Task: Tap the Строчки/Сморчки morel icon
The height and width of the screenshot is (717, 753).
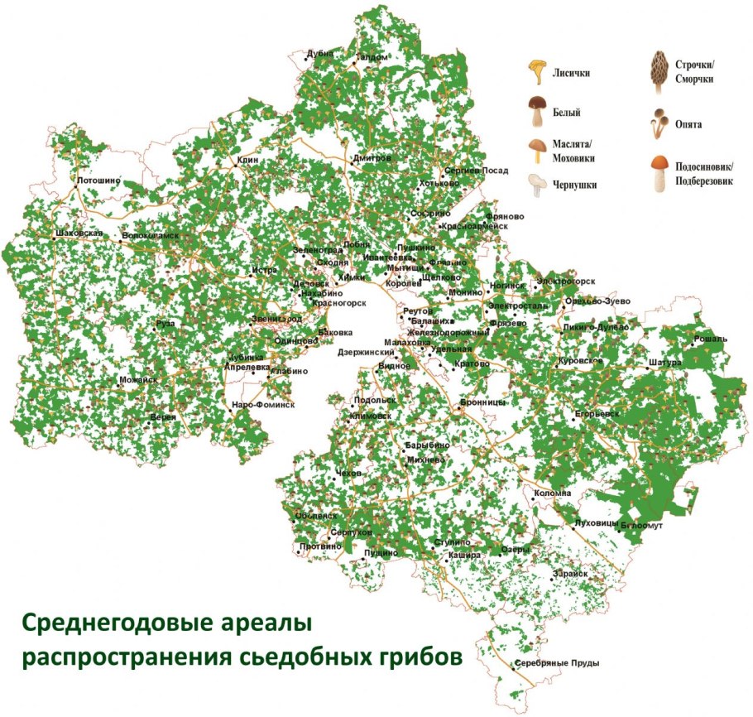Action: point(659,67)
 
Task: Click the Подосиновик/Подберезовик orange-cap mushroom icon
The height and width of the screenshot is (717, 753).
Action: point(659,171)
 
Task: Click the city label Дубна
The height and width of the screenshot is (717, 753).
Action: point(319,53)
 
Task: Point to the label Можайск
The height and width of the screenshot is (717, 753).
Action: point(138,380)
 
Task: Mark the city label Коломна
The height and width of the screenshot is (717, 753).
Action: point(553,493)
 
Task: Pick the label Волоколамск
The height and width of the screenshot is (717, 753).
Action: point(150,236)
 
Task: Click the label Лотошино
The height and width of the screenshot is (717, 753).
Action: point(98,179)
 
